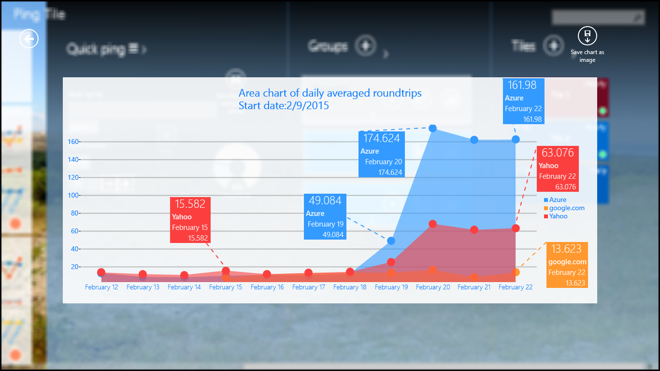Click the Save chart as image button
pos(587,36)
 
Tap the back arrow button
pos(29,38)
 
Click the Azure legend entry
pos(558,200)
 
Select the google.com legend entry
pos(566,208)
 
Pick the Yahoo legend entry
pos(558,216)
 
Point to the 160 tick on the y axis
pos(73,142)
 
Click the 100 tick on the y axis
pos(73,195)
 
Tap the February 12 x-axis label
pos(101,287)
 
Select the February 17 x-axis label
pos(308,287)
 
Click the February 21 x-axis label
pos(474,287)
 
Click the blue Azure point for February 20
pos(432,128)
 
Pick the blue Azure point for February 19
pos(391,241)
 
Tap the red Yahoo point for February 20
pos(432,224)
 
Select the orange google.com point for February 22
pos(516,272)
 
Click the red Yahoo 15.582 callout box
pos(190,220)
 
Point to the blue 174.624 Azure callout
pos(382,154)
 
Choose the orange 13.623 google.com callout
pos(567,265)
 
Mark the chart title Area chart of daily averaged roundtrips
pos(330,93)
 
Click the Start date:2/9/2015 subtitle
pos(284,105)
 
